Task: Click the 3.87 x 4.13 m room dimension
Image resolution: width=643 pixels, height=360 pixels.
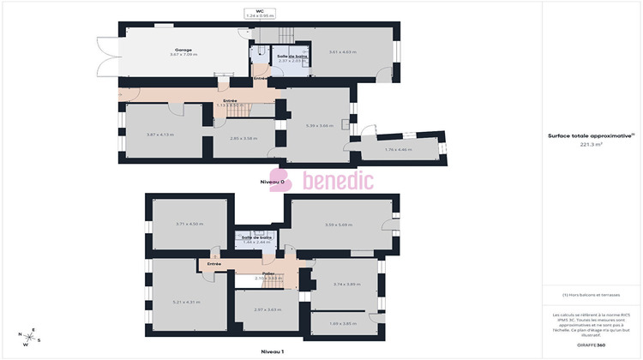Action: [160, 135]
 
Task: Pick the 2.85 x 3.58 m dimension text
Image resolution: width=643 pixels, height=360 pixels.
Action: [244, 138]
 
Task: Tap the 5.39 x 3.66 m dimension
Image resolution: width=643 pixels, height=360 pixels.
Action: [320, 125]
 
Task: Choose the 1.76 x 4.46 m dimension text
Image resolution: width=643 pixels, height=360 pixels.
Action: [399, 149]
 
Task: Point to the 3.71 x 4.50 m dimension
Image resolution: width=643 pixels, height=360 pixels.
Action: [189, 224]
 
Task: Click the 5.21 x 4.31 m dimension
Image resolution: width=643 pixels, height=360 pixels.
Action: [186, 302]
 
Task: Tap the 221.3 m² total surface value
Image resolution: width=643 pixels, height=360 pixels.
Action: [592, 145]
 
